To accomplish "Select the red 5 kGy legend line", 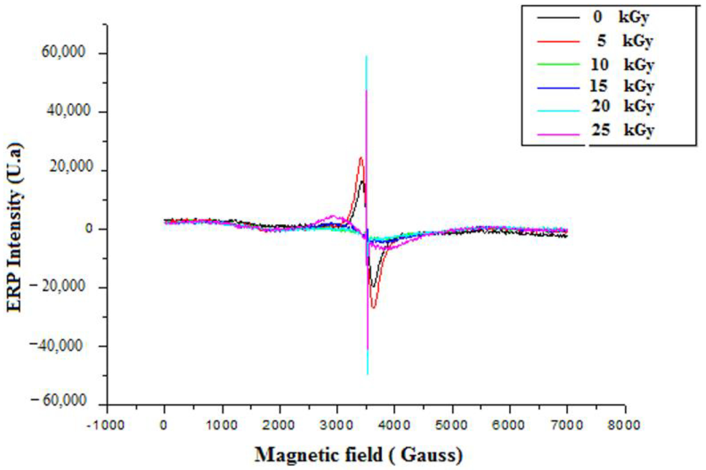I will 558,41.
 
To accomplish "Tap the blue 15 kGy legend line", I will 558,88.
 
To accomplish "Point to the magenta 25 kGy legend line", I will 558,134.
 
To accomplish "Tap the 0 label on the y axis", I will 89,229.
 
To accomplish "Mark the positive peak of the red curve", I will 361,158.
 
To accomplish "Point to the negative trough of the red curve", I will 373,307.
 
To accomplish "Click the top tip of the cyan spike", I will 366,56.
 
